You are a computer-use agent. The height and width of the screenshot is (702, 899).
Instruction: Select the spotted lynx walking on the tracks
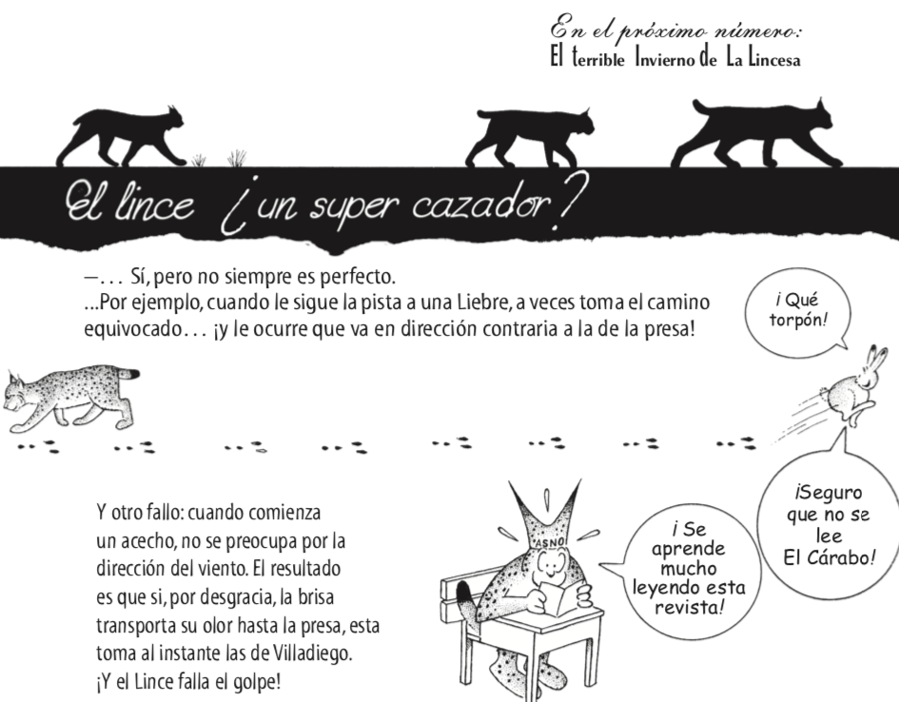coord(71,396)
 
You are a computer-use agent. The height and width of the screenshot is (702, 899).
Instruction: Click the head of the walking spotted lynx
coord(23,390)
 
